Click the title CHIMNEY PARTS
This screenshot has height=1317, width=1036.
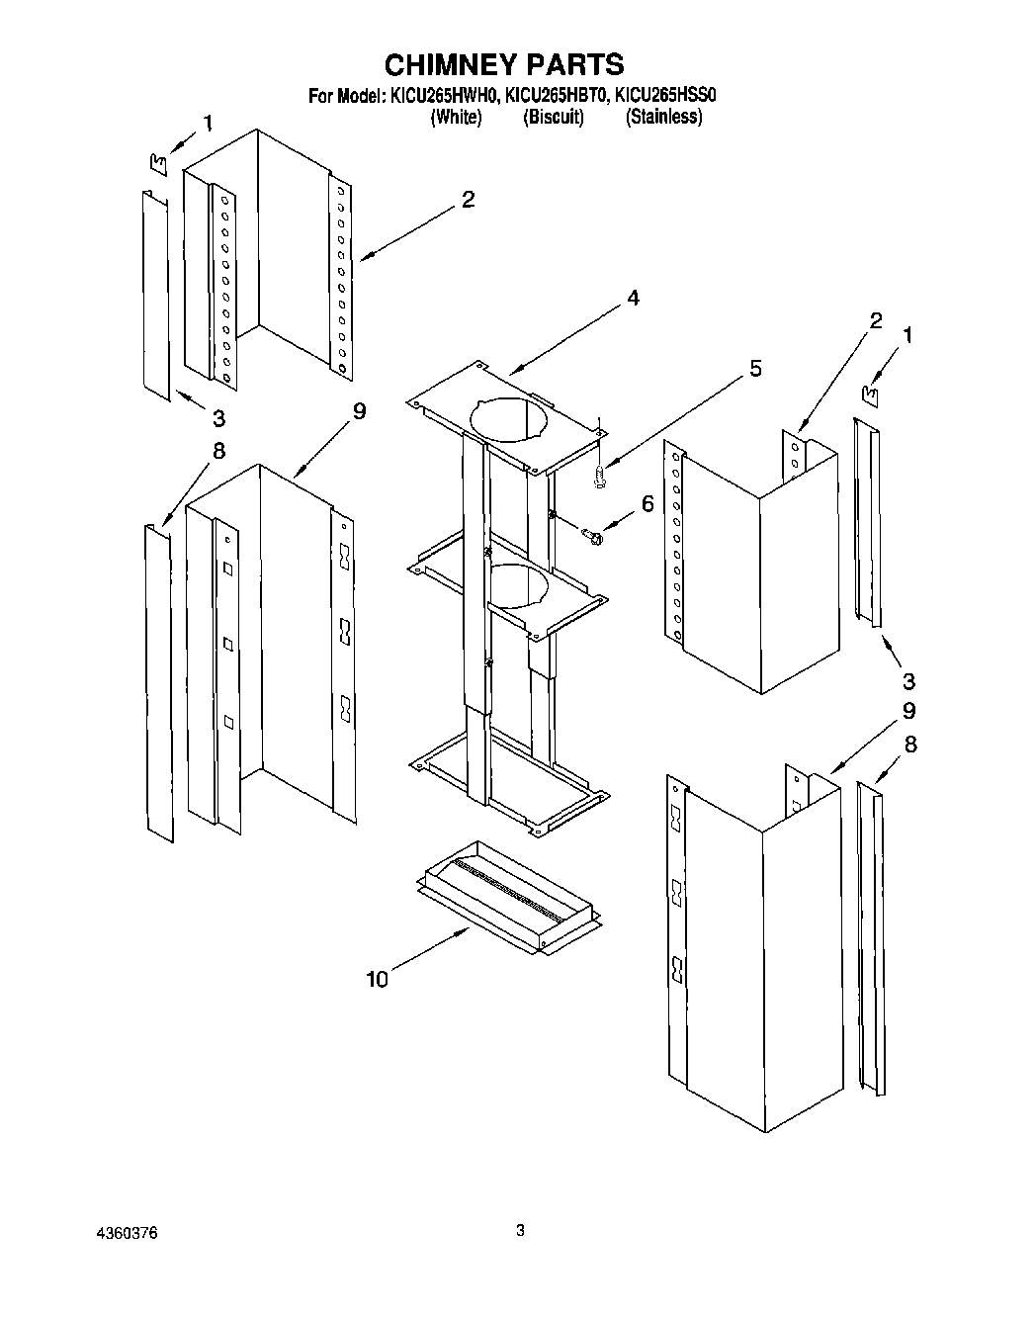pyautogui.click(x=503, y=64)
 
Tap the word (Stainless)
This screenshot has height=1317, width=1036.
pyautogui.click(x=664, y=117)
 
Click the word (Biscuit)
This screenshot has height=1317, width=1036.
pyautogui.click(x=553, y=117)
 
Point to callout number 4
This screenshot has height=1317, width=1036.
pyautogui.click(x=632, y=298)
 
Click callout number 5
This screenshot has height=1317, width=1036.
pyautogui.click(x=755, y=369)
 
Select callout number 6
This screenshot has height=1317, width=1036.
pyautogui.click(x=647, y=503)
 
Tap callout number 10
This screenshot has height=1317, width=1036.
pyautogui.click(x=377, y=979)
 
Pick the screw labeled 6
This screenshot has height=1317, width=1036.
pyautogui.click(x=594, y=536)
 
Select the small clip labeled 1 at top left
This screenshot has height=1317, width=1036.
pyautogui.click(x=155, y=160)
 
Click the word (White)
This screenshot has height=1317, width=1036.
pyautogui.click(x=456, y=117)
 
